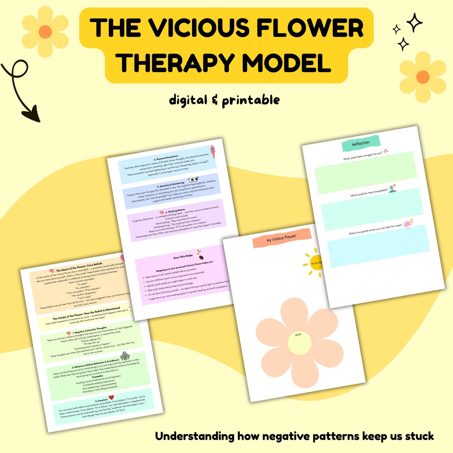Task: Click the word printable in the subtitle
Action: pos(251,100)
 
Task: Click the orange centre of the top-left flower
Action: pos(45,31)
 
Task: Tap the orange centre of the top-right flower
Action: pos(422,77)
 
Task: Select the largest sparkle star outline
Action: pos(414,22)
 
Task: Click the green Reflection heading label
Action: pos(361,143)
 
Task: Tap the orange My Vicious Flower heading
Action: pos(281,238)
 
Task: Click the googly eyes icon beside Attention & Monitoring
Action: pos(193,179)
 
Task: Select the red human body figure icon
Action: pos(213,151)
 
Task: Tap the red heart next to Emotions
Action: pos(111,397)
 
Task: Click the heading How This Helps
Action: pos(183,257)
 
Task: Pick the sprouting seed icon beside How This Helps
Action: pos(200,254)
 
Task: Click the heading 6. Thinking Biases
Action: pos(175,211)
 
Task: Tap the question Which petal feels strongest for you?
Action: pos(362,156)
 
